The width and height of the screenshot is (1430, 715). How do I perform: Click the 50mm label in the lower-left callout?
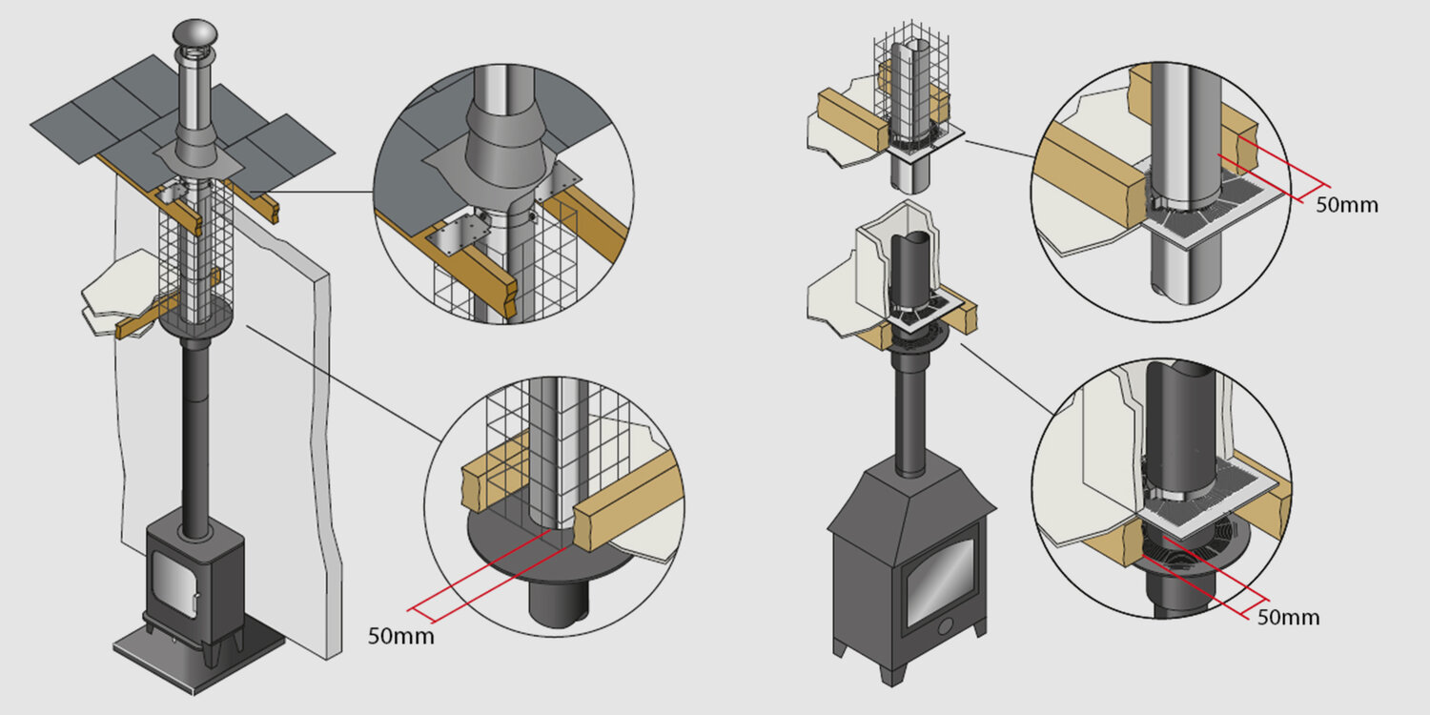point(400,636)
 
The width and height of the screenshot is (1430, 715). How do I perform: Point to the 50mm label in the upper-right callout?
point(1346,204)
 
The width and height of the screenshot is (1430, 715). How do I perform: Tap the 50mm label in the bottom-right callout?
point(1288,617)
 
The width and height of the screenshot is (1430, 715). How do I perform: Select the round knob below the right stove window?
point(945,626)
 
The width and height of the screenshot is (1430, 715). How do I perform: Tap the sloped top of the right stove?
point(911,500)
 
